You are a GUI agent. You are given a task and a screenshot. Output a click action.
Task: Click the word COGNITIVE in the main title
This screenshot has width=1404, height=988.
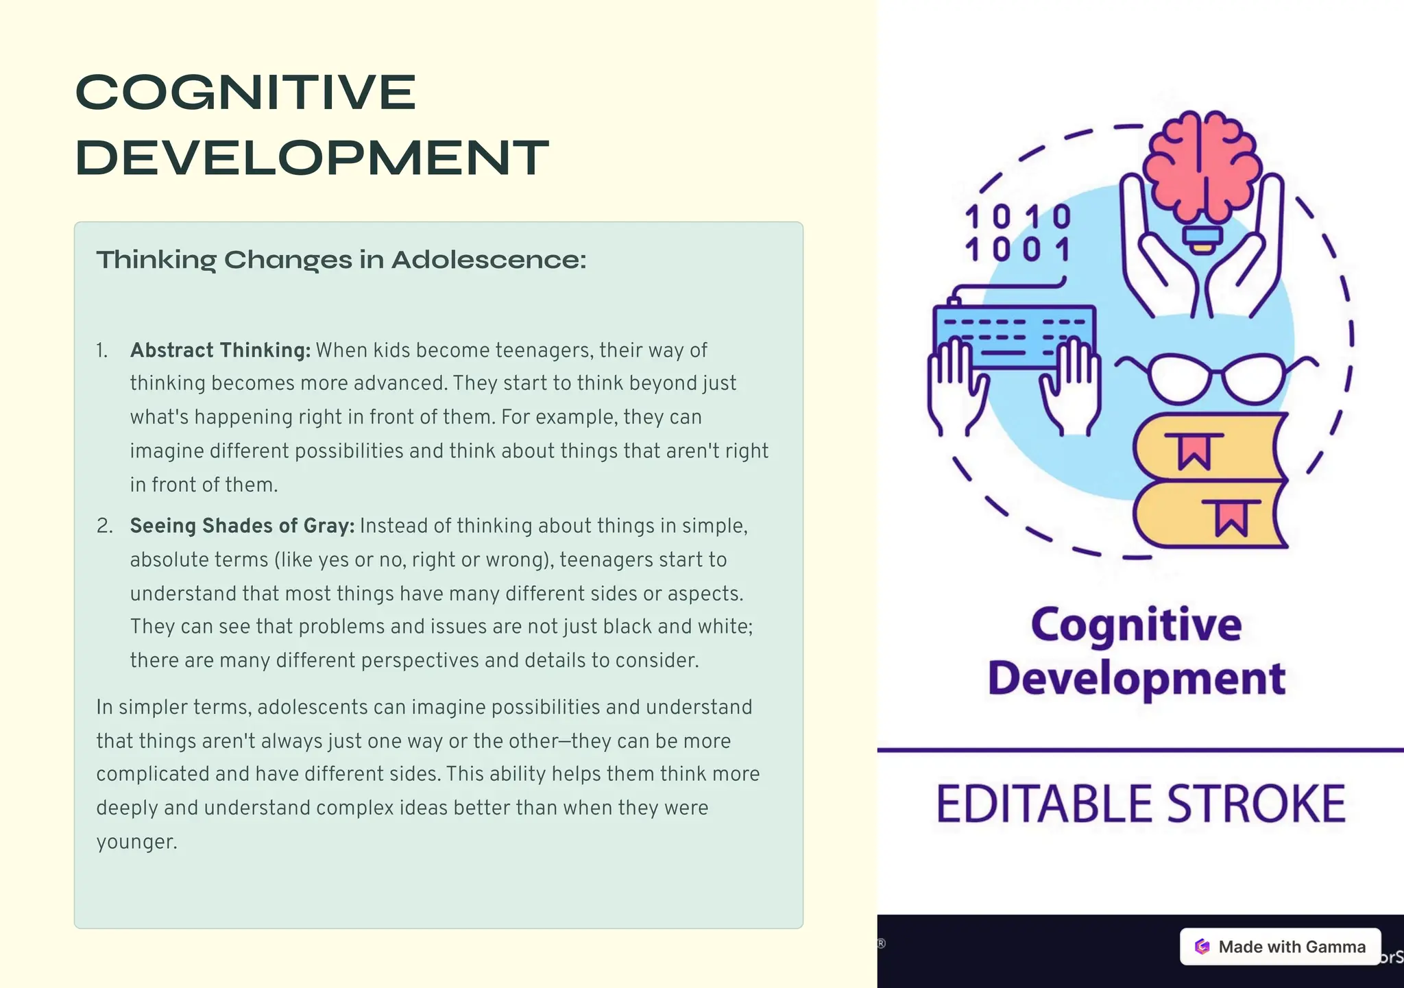click(x=245, y=93)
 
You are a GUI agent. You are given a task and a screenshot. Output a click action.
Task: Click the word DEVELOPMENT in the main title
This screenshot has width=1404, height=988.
click(x=312, y=158)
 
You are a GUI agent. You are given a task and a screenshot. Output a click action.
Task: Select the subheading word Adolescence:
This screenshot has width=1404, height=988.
click(x=489, y=260)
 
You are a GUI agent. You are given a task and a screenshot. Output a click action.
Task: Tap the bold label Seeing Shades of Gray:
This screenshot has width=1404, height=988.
click(x=243, y=526)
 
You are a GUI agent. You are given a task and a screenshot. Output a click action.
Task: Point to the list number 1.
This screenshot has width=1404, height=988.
click(x=101, y=351)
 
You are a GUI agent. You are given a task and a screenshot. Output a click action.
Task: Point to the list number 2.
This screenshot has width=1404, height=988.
click(x=104, y=526)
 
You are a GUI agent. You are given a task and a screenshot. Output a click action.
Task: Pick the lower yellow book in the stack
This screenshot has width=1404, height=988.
click(x=1210, y=514)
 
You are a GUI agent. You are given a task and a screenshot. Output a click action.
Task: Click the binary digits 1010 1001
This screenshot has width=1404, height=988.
click(x=1017, y=233)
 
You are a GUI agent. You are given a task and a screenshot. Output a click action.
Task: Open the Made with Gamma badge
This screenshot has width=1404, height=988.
click(x=1280, y=947)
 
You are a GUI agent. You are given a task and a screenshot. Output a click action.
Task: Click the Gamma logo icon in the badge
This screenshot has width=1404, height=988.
click(x=1202, y=947)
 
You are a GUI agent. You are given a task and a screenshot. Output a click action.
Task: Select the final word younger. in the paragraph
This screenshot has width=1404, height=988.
click(x=136, y=843)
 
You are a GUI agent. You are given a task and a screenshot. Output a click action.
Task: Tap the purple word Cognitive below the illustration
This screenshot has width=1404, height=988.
click(x=1136, y=625)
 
